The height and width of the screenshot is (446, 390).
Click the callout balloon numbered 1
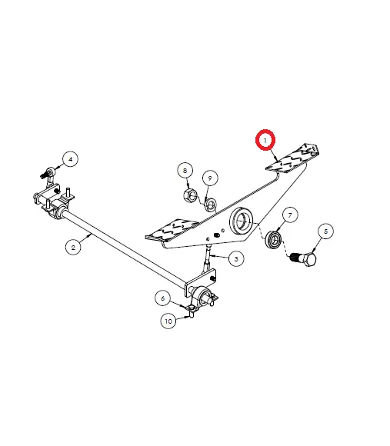(265, 140)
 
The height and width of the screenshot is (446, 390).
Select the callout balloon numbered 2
(73, 247)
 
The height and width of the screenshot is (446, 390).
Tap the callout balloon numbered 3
(236, 259)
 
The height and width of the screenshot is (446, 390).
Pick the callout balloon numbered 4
(71, 159)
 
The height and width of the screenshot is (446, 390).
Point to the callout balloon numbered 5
(325, 231)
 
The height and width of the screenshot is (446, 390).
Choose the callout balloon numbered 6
(163, 298)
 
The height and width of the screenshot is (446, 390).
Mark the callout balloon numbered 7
(290, 215)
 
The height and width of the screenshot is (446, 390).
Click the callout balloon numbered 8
(185, 171)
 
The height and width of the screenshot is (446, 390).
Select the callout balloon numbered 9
(210, 178)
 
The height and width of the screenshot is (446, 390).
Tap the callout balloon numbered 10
(168, 321)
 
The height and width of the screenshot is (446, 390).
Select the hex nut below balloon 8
(190, 195)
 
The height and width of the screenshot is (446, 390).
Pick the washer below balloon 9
(211, 204)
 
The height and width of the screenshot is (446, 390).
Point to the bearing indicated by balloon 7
(274, 240)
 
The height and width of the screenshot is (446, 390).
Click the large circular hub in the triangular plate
(241, 221)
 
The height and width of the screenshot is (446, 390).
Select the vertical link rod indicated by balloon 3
(208, 258)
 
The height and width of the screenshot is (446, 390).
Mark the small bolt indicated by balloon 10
(192, 315)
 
